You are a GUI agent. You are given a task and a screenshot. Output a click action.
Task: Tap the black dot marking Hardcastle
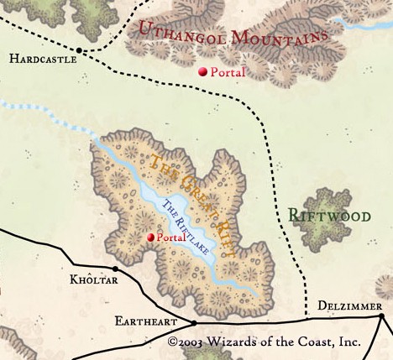pyautogui.click(x=80, y=50)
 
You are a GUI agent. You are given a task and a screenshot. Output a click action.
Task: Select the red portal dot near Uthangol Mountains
pyautogui.click(x=202, y=72)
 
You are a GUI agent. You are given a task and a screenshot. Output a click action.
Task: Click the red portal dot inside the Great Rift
pyautogui.click(x=151, y=237)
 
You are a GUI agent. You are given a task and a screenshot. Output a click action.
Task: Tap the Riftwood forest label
pyautogui.click(x=329, y=216)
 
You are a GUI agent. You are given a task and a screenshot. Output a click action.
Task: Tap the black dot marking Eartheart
pyautogui.click(x=194, y=322)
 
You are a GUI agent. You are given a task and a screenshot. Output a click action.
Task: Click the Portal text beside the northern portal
pyautogui.click(x=228, y=73)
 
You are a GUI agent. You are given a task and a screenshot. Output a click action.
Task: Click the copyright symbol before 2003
pyautogui.click(x=172, y=342)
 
